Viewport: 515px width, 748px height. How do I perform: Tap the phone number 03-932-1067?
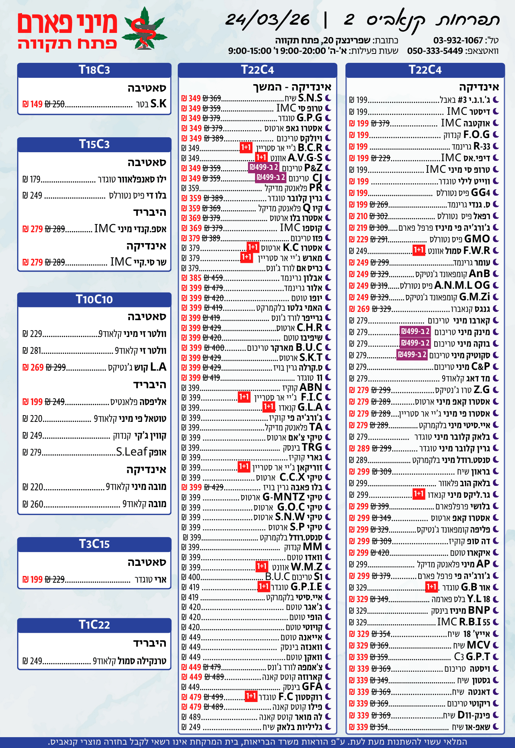(458, 40)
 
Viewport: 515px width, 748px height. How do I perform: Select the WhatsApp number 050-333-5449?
(435, 51)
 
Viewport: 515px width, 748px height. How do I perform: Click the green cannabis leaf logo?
(145, 29)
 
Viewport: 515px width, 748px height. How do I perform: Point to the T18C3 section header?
(94, 70)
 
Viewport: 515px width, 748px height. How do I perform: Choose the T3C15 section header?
(94, 544)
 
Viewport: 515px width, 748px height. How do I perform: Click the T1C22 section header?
(94, 625)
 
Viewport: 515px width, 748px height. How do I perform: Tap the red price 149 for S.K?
(36, 104)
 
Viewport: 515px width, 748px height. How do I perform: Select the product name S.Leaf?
(131, 452)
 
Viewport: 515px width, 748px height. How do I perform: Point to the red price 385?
(195, 278)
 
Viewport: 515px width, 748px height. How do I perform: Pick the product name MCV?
(478, 645)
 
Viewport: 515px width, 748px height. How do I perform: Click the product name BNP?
(479, 610)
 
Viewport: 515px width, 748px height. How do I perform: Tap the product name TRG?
(311, 447)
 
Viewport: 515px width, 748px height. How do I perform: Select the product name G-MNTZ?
(283, 497)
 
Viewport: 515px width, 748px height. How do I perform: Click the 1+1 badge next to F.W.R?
(419, 250)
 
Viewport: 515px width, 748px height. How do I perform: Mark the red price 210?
(362, 216)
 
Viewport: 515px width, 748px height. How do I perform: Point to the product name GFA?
(312, 687)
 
